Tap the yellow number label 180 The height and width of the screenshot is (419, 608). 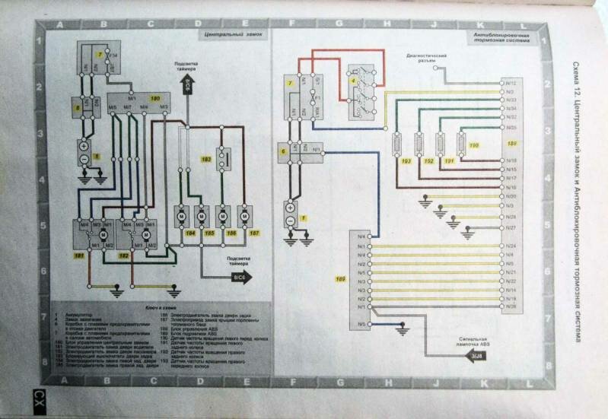coord(154,99)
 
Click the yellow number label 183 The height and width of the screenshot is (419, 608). coord(205,160)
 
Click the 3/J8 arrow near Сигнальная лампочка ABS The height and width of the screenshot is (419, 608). coord(478,357)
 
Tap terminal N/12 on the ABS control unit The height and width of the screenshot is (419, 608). coord(511,82)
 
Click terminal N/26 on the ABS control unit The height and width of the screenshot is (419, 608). coord(511,307)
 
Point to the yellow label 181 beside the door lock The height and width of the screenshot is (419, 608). coord(78,259)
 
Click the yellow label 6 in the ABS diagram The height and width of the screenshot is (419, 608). coord(283,152)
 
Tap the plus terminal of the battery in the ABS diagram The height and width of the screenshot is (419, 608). coord(290,205)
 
